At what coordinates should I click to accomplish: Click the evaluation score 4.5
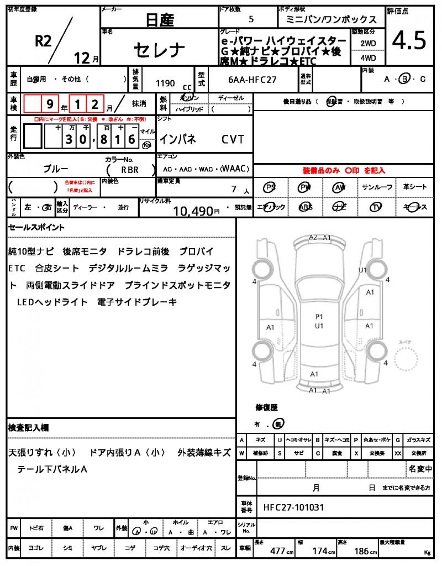click(x=409, y=40)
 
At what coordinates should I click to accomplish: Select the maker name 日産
click(x=160, y=20)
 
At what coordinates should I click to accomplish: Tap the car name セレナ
click(x=159, y=50)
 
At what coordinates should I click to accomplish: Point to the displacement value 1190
click(x=165, y=83)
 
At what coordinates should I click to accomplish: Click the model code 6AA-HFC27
click(x=252, y=80)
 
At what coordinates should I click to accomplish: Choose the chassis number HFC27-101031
click(x=293, y=507)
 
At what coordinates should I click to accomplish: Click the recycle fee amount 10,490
click(x=193, y=211)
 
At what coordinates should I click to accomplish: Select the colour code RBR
click(x=129, y=170)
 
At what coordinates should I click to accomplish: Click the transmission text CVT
click(x=233, y=139)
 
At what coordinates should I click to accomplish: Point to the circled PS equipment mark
click(x=270, y=187)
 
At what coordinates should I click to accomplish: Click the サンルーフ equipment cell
click(x=377, y=187)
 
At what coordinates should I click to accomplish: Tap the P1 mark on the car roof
click(x=319, y=317)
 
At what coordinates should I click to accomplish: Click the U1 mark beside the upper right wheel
click(x=362, y=270)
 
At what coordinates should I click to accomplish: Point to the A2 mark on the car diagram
click(x=313, y=238)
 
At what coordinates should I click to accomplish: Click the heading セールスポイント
click(x=36, y=227)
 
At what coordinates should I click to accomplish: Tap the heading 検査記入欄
click(x=28, y=428)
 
